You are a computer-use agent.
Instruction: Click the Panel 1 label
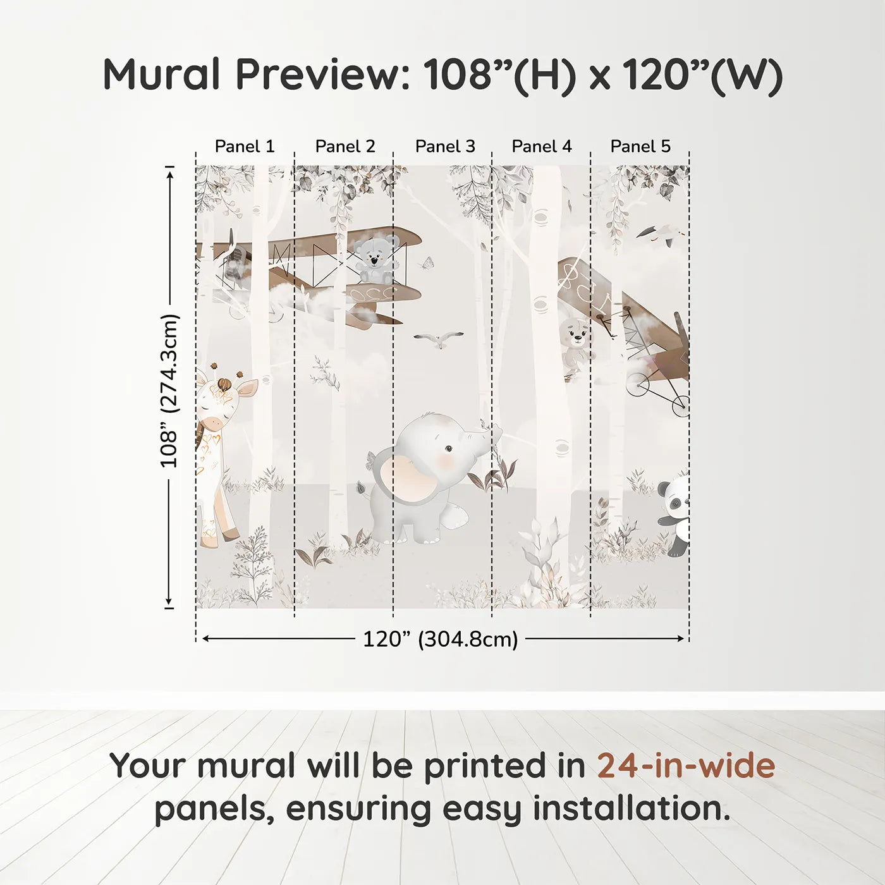245,146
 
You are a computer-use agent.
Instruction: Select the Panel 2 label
345,146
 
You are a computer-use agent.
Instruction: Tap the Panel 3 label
445,146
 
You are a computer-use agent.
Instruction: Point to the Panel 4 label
542,146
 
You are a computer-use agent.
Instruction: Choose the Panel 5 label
640,146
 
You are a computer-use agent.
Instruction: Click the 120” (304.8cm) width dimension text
440,639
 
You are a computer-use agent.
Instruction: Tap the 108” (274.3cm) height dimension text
169,391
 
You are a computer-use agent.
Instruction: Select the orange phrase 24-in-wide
686,766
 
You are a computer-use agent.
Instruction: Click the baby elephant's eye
448,449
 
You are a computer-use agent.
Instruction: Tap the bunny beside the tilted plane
576,345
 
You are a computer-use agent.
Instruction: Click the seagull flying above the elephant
438,339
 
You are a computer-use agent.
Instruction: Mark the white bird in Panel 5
661,235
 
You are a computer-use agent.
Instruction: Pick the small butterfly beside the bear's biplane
429,262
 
